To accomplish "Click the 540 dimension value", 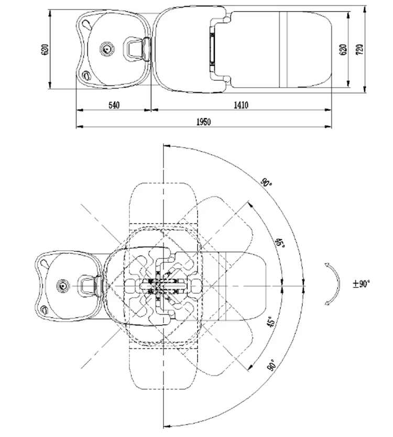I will coord(114,105).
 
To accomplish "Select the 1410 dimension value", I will coord(241,105).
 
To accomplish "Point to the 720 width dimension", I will coord(359,49).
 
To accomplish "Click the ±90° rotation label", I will coord(361,283).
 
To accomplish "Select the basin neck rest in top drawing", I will coord(136,49).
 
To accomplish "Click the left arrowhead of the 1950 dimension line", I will coord(79,126).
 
